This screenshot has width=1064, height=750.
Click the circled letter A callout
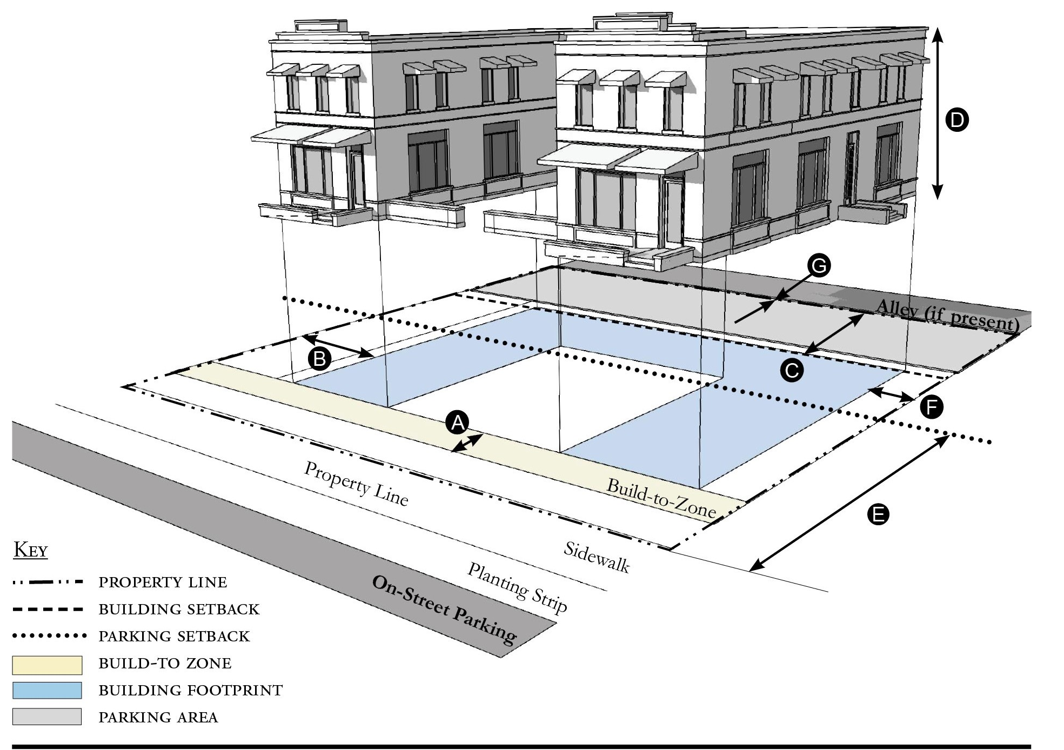tap(457, 423)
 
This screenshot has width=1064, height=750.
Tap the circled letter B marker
tap(319, 358)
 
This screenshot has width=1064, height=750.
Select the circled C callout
tap(792, 370)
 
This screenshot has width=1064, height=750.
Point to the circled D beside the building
tap(957, 120)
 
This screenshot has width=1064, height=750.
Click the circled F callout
tap(932, 407)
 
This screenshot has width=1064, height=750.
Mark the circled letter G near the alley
tap(819, 266)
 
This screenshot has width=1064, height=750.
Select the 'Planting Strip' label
tap(517, 588)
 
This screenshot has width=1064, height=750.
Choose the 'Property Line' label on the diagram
tap(356, 484)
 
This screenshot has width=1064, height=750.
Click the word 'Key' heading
tap(31, 550)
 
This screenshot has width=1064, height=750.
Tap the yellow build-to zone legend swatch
tap(47, 665)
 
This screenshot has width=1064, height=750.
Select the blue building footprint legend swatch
tap(47, 691)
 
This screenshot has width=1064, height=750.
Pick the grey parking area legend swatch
tap(47, 717)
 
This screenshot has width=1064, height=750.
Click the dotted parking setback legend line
tap(49, 636)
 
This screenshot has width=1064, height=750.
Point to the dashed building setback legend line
tap(49, 610)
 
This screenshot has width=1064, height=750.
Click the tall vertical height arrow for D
tap(938, 113)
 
